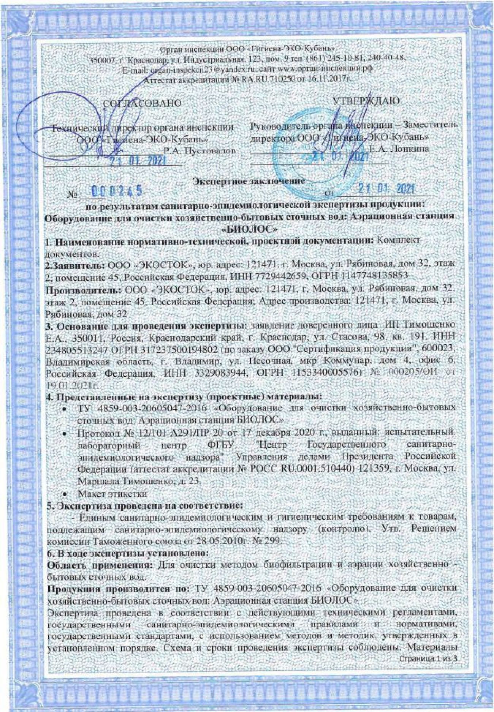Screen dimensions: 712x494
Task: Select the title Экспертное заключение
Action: (249, 181)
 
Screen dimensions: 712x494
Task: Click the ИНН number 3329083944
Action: (227, 374)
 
